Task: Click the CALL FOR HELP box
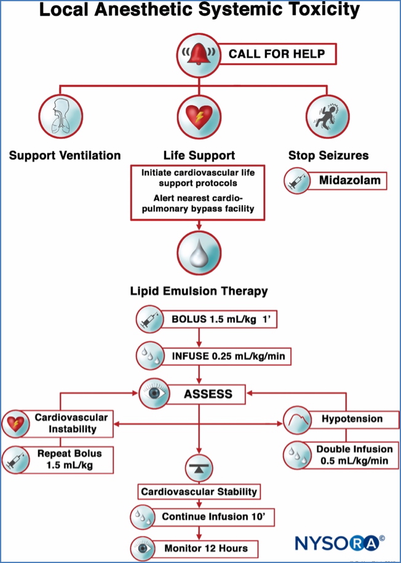tap(276, 54)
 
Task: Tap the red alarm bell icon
tap(198, 54)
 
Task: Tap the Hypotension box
tap(351, 419)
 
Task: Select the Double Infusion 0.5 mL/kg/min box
tap(351, 455)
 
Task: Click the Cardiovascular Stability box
tap(198, 492)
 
